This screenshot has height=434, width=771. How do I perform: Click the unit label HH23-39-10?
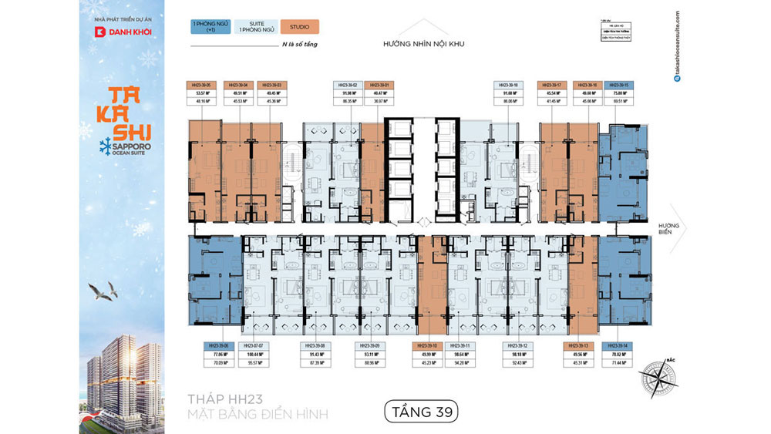426,346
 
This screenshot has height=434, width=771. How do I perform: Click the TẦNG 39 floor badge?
421,412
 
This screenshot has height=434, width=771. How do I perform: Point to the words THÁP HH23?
226,399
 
